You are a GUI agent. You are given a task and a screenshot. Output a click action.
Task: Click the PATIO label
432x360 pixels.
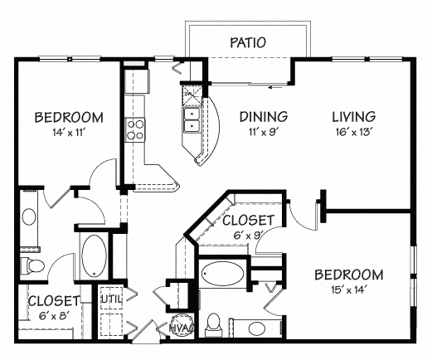point(248,42)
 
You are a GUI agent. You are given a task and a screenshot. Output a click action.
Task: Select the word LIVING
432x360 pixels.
point(353,116)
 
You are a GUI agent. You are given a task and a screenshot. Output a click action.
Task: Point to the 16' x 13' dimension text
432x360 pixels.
point(353,132)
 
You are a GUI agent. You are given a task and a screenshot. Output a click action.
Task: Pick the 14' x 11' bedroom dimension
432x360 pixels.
point(68,132)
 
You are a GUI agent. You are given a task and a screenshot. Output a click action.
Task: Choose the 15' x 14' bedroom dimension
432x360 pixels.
point(347,290)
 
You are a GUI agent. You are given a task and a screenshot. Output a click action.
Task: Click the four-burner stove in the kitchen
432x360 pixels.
point(134,129)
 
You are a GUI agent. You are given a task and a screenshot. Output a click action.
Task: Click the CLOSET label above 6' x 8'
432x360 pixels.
point(53,300)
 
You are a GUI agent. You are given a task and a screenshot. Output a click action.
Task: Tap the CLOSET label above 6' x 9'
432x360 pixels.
point(247,220)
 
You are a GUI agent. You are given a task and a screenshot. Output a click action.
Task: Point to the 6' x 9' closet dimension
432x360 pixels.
point(247,235)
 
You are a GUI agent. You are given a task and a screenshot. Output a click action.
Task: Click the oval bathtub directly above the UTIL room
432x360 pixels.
point(93,253)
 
